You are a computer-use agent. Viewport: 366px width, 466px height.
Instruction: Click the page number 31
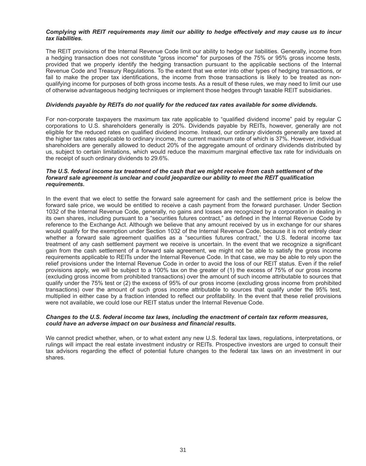pos(183,450)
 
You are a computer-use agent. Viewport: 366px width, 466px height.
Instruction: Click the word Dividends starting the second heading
pos(59,105)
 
